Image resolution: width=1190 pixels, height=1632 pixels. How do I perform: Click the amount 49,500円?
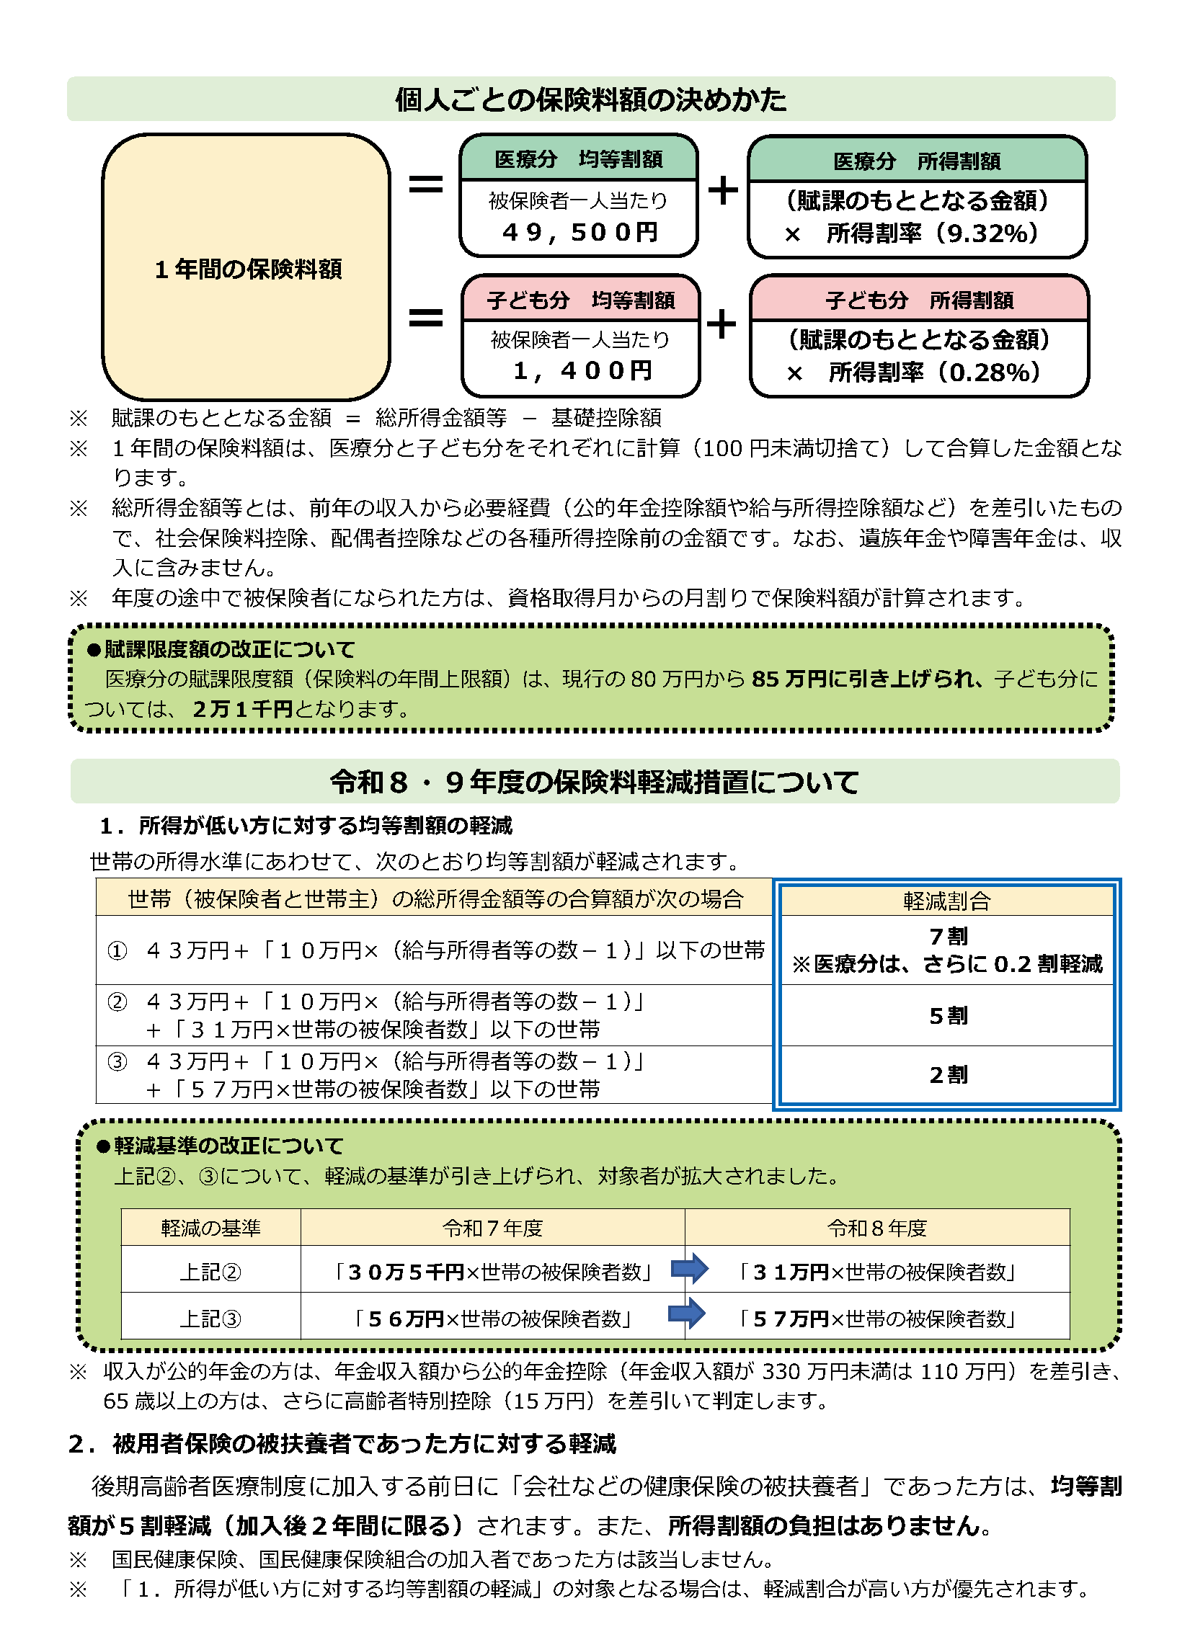580,232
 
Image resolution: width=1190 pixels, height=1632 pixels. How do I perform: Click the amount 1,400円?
582,371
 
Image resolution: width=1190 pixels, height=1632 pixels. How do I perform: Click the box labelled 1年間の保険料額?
247,268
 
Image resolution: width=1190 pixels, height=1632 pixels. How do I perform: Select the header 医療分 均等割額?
579,159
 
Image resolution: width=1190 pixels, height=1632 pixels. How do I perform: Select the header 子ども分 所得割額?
920,300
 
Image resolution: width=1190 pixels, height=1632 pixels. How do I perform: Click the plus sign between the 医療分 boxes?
723,190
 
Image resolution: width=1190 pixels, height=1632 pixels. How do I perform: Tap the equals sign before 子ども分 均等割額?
425,318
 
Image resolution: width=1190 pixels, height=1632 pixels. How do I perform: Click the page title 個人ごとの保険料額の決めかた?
591,99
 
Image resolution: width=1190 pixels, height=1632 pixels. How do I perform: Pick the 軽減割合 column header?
946,901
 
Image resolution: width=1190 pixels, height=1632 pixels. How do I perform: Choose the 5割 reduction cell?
948,1016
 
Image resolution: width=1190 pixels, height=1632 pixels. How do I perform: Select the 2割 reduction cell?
948,1075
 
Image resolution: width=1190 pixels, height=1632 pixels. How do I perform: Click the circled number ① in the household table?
117,951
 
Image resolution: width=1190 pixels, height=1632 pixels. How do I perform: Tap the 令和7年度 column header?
492,1228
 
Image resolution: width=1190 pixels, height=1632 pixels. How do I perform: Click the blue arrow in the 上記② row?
689,1269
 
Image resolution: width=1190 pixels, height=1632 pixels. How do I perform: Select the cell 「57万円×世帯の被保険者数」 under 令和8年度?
877,1319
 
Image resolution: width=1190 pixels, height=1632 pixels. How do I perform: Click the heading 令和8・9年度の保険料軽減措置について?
595,782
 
